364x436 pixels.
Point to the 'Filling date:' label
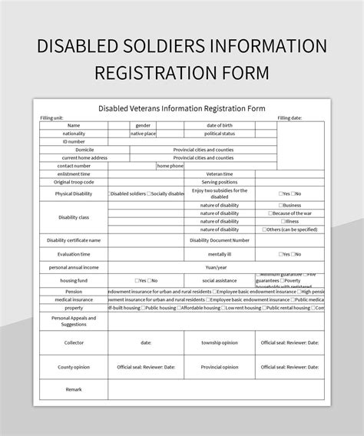tap(290, 117)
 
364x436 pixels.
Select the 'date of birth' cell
tap(220, 125)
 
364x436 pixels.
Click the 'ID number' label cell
tap(74, 141)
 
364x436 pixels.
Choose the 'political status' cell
tap(220, 134)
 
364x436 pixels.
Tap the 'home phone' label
tap(170, 165)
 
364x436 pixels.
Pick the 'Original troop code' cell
tap(74, 182)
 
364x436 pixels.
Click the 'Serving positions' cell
tap(219, 182)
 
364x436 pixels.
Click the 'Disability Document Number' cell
tap(219, 240)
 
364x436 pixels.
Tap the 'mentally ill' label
tap(219, 253)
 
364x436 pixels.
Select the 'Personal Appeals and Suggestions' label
tap(74, 321)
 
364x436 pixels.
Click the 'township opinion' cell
tap(219, 343)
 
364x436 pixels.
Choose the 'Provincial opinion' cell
tap(219, 367)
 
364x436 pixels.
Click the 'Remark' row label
tap(74, 390)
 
